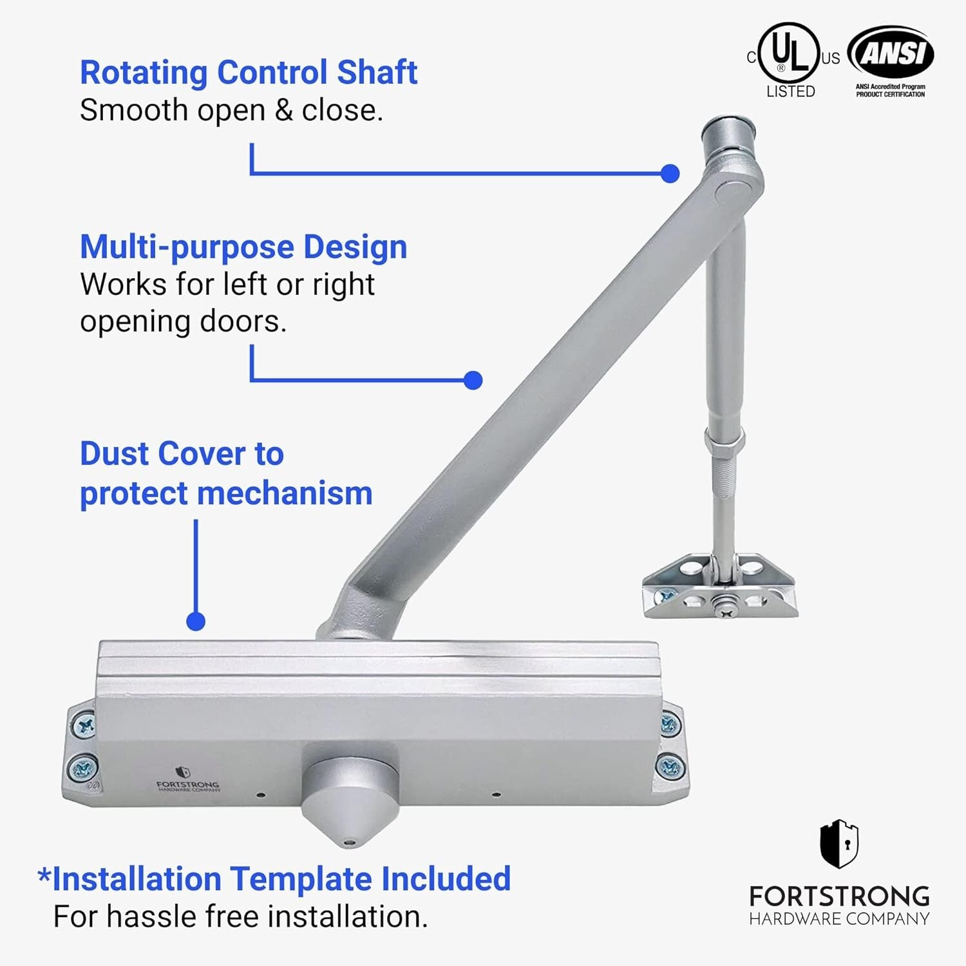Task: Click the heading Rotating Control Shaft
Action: (x=249, y=72)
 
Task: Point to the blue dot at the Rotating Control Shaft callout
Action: (x=670, y=173)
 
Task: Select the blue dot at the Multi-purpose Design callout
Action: (x=473, y=380)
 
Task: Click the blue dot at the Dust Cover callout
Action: (x=196, y=621)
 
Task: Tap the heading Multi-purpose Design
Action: (x=243, y=247)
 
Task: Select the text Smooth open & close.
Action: (x=231, y=111)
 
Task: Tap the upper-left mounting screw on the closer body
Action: (x=84, y=726)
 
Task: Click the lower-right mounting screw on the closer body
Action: (x=670, y=766)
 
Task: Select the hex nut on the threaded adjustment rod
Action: (x=724, y=441)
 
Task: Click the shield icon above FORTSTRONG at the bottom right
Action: (x=839, y=844)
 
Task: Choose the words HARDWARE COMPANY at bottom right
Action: (x=839, y=919)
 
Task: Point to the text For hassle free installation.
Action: (x=240, y=916)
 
